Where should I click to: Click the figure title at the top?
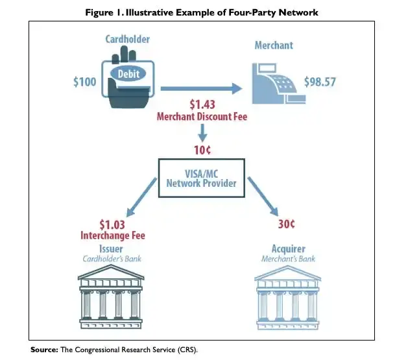pyautogui.click(x=202, y=12)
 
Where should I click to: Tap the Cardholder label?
pyautogui.click(x=128, y=40)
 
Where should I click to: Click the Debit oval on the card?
pyautogui.click(x=128, y=74)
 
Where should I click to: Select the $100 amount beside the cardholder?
pyautogui.click(x=84, y=82)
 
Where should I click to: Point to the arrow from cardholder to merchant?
pyautogui.click(x=201, y=89)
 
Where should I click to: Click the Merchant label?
pyautogui.click(x=274, y=45)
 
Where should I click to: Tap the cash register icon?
pyautogui.click(x=279, y=83)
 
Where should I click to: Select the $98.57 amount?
pyautogui.click(x=320, y=82)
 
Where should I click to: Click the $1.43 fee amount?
pyautogui.click(x=202, y=104)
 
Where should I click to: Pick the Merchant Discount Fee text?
pyautogui.click(x=202, y=117)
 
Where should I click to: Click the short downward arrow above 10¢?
pyautogui.click(x=202, y=132)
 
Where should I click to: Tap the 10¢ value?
pyautogui.click(x=202, y=150)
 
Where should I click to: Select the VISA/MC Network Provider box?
pyautogui.click(x=202, y=178)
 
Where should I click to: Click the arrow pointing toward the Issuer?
pyautogui.click(x=141, y=197)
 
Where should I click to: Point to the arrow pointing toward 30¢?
pyautogui.click(x=263, y=197)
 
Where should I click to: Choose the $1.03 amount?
pyautogui.click(x=112, y=224)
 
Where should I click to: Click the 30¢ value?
pyautogui.click(x=287, y=224)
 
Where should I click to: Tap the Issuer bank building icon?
pyautogui.click(x=111, y=296)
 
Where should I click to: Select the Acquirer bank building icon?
pyautogui.click(x=287, y=298)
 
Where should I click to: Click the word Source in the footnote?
pyautogui.click(x=44, y=350)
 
